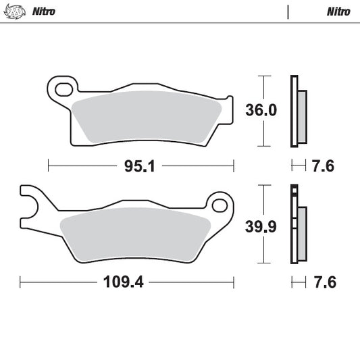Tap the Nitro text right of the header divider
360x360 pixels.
click(338, 11)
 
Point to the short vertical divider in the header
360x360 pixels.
click(288, 11)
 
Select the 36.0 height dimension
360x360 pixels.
click(260, 110)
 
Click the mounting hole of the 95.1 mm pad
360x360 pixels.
click(63, 87)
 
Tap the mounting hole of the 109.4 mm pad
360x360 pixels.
click(218, 204)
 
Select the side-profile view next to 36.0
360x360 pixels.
click(297, 110)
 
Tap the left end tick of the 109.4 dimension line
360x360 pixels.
click(20, 281)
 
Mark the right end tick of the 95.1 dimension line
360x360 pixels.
click(233, 165)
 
